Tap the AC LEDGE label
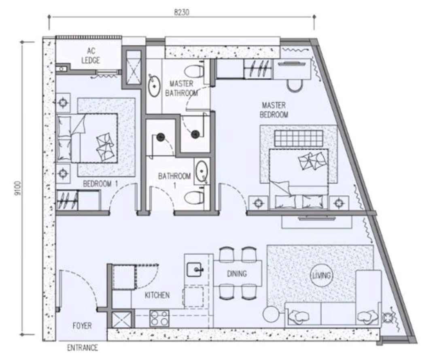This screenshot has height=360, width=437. (90, 56)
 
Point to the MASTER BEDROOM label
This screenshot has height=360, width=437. (274, 110)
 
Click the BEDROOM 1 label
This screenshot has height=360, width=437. (100, 184)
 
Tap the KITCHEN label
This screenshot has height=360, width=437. (157, 295)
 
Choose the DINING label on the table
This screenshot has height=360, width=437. (236, 274)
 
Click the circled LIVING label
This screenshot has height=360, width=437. (322, 276)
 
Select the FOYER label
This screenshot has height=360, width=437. (82, 325)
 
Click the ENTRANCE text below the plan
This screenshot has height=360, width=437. (83, 347)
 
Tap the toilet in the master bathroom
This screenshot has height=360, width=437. (194, 71)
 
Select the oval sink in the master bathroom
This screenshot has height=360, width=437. (154, 85)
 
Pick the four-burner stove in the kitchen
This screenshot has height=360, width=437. (159, 318)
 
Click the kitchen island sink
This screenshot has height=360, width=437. (196, 269)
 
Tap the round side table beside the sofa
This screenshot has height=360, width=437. (270, 313)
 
